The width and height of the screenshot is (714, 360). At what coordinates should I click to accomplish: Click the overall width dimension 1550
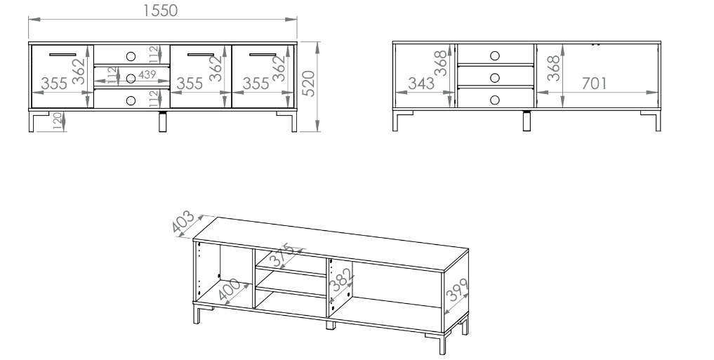[x=160, y=11]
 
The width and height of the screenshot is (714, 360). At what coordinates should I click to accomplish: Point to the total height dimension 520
[x=309, y=84]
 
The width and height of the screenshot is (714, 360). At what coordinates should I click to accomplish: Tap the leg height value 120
[x=58, y=121]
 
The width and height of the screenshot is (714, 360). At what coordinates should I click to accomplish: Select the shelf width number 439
[x=147, y=74]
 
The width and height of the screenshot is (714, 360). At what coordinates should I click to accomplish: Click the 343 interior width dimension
[x=421, y=84]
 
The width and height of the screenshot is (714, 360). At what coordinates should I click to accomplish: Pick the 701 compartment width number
[x=594, y=84]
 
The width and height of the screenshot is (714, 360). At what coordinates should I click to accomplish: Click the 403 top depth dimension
[x=183, y=222]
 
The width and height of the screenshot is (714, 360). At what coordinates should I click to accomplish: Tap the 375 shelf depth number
[x=282, y=256]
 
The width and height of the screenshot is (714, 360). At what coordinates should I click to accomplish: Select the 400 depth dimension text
[x=229, y=290]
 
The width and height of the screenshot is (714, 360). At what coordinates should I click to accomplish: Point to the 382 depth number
[x=341, y=279]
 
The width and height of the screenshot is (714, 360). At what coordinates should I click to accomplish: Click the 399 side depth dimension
[x=457, y=290]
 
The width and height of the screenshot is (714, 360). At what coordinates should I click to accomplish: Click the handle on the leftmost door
[x=63, y=55]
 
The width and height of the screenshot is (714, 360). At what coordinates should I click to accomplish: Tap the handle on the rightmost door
[x=263, y=55]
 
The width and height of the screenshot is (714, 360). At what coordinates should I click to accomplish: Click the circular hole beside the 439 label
[x=131, y=79]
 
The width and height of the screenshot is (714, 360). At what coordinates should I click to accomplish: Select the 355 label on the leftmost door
[x=54, y=84]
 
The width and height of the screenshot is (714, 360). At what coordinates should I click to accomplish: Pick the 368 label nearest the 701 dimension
[x=553, y=68]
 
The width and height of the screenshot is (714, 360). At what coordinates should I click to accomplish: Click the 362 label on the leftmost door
[x=79, y=71]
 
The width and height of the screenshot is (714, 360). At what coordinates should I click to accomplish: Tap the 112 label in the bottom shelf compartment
[x=154, y=98]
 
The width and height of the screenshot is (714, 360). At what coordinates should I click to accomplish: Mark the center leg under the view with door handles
[x=163, y=121]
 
